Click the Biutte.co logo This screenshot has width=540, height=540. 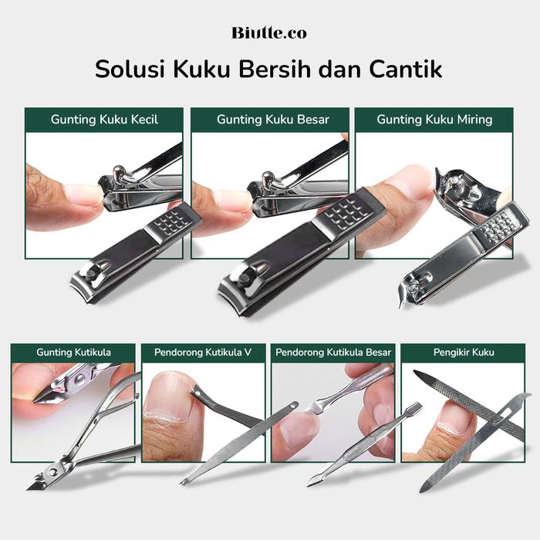(269, 33)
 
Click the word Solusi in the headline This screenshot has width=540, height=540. (130, 69)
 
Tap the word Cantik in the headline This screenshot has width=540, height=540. (406, 69)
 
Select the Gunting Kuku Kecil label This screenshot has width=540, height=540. (104, 120)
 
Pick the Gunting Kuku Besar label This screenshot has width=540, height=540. (273, 120)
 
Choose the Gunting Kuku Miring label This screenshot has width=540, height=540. (434, 120)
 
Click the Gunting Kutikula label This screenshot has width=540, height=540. (73, 353)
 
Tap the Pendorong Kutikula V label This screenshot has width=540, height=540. (203, 353)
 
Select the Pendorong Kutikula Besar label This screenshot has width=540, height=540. (333, 353)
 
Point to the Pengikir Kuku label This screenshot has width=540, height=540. (464, 353)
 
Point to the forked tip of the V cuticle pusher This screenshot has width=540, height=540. (181, 482)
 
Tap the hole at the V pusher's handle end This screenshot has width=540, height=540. (293, 406)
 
